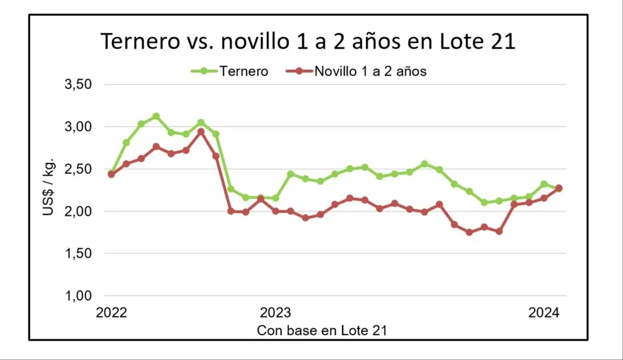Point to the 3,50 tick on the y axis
click(77, 84)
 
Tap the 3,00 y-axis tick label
click(77, 126)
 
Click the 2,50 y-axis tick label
click(77, 169)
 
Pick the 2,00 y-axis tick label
click(77, 211)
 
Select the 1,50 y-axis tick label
click(77, 254)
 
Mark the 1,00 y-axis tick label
click(77, 296)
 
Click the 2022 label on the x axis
click(111, 313)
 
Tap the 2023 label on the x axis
click(276, 313)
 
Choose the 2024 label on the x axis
click(544, 313)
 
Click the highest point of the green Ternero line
click(156, 116)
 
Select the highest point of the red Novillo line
click(201, 131)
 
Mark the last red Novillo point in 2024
click(559, 189)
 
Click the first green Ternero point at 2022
click(111, 173)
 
